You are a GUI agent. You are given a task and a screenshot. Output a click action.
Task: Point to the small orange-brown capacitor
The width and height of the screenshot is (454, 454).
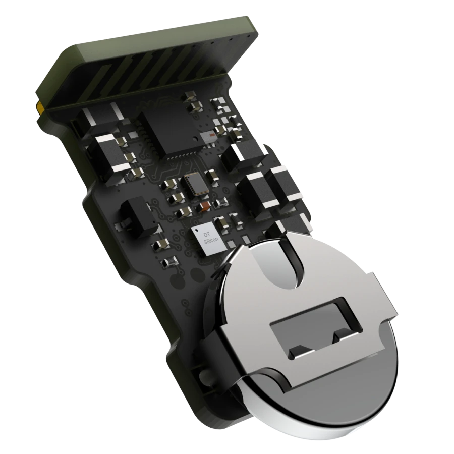click(205, 206)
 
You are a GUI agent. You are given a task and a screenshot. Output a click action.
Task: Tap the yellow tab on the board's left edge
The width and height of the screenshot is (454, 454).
click(39, 107)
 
